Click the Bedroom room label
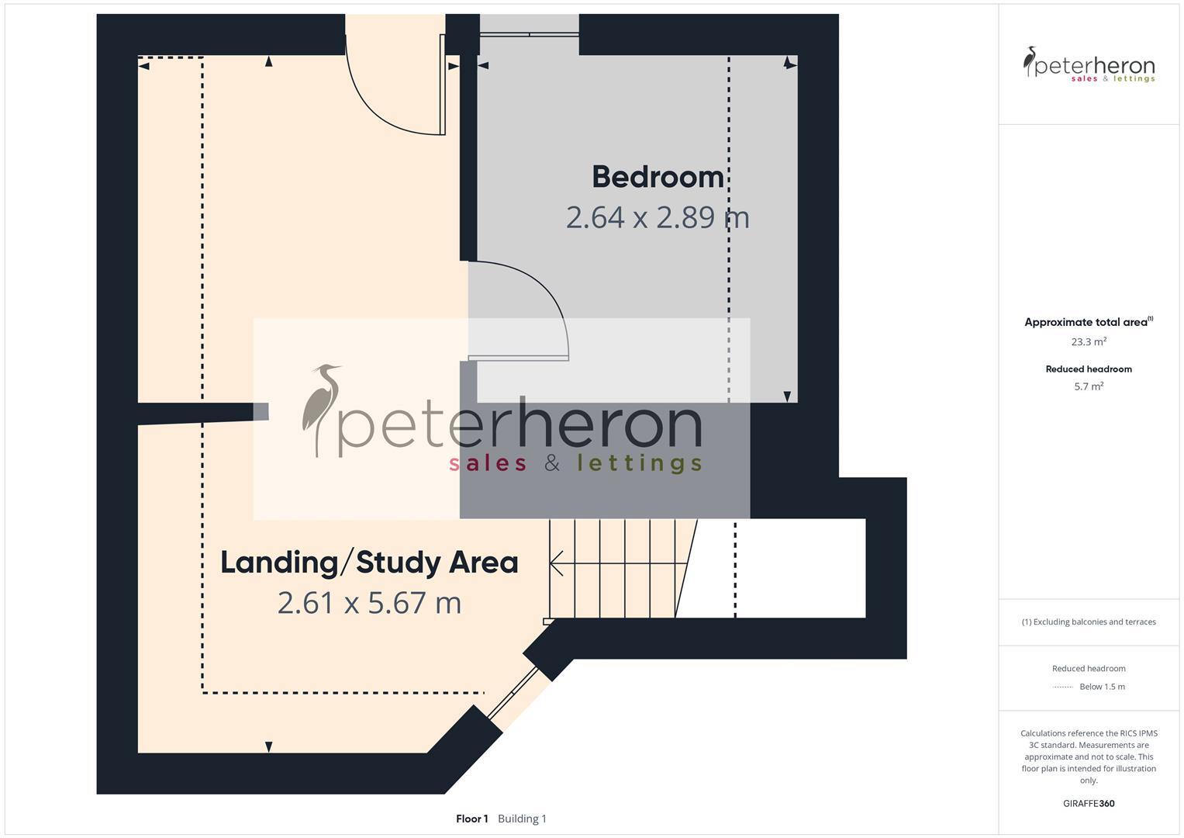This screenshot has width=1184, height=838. point(658,177)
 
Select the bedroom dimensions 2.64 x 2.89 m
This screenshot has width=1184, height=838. point(658,217)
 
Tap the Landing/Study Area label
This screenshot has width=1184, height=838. point(369,563)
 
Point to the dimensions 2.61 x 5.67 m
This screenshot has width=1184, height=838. point(369,603)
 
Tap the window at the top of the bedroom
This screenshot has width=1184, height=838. point(529,34)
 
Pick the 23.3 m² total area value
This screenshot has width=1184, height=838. point(1089,341)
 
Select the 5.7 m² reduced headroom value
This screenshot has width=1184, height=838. point(1089,386)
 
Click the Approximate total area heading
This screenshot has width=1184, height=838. point(1086,322)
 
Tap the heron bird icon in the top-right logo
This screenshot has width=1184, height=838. point(1030,61)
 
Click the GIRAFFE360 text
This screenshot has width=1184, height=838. point(1089,804)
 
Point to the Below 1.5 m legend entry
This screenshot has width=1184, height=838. point(1101,687)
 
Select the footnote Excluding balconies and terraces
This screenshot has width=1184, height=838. point(1089,622)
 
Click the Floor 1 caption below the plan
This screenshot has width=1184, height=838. point(471,819)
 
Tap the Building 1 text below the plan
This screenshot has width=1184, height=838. point(522,819)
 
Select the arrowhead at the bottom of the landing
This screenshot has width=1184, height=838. point(268,746)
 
